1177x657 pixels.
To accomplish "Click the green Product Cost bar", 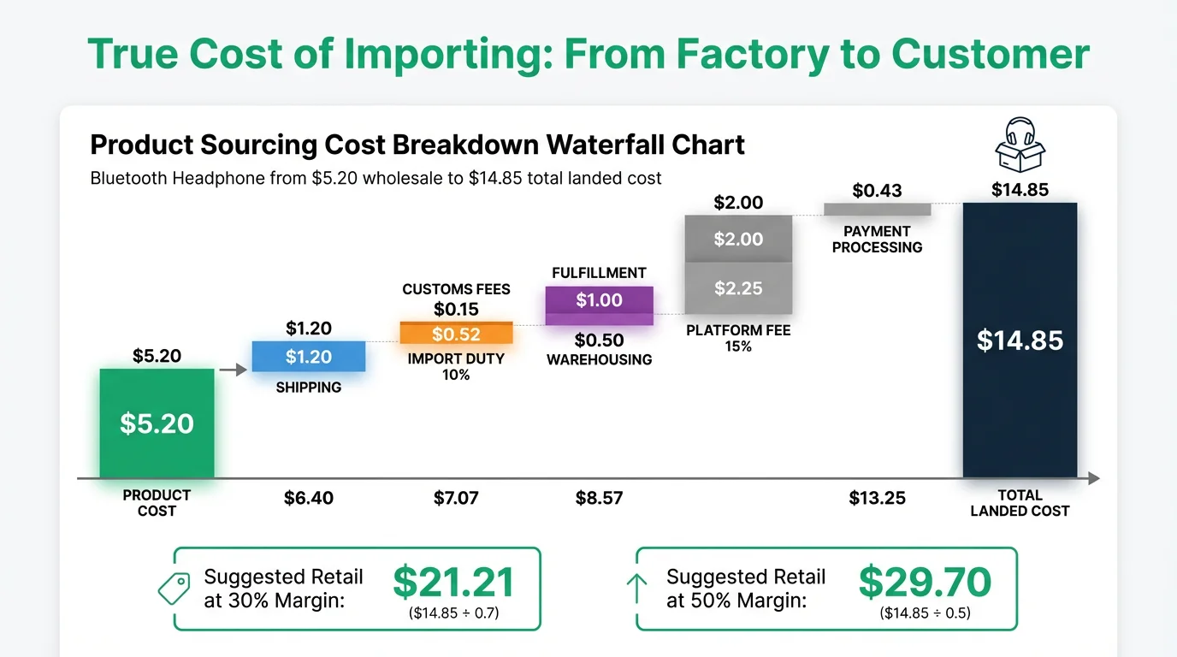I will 157,423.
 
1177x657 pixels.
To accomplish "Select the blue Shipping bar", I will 309,356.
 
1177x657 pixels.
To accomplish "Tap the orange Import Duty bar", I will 456,334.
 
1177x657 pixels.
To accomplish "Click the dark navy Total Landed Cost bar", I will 1020,340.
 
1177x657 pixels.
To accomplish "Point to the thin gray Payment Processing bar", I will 877,210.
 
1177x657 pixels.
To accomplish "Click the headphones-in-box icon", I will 1020,146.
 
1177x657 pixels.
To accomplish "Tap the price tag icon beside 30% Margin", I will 174,589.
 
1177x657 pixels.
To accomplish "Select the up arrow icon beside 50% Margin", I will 636,589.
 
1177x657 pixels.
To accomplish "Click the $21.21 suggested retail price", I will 453,583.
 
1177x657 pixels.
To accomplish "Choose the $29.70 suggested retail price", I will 925,583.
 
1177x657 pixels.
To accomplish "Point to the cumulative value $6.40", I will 309,498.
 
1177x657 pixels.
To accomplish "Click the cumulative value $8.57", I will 599,498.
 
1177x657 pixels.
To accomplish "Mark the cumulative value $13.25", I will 877,498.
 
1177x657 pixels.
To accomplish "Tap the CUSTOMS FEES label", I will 456,289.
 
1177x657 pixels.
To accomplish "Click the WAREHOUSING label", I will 599,359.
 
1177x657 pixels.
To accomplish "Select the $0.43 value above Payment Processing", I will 877,191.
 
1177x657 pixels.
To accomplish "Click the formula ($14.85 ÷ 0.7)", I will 453,613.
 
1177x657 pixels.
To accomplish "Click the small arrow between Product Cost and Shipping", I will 228,370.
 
